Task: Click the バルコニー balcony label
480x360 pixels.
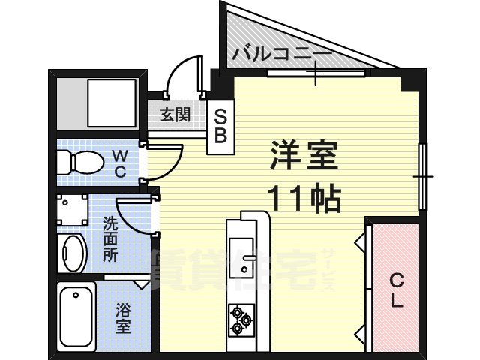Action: tap(280, 54)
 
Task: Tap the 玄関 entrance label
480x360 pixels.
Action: tap(174, 115)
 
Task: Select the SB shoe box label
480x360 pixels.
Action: tap(221, 127)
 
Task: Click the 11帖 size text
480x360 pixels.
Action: tap(305, 199)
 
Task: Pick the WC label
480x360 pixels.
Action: tap(120, 163)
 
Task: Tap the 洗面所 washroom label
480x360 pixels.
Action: tap(110, 239)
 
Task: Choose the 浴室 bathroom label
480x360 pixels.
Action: tap(123, 316)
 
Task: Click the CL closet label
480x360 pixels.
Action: tap(396, 290)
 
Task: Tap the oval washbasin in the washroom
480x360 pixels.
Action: tap(73, 253)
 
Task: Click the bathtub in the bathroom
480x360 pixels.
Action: tap(76, 318)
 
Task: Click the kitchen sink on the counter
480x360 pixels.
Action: tap(241, 259)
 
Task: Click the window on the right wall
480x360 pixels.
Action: tap(423, 177)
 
